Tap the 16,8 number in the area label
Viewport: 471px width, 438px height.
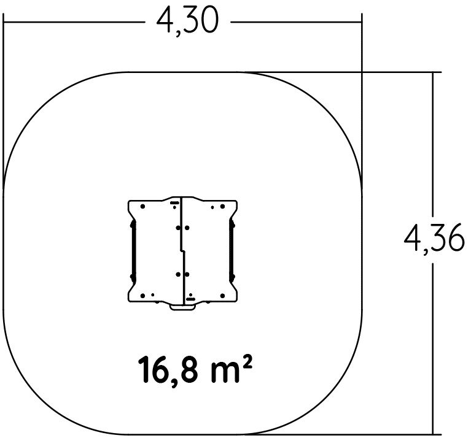pyautogui.click(x=168, y=370)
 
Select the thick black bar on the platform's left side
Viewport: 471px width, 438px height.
pyautogui.click(x=133, y=251)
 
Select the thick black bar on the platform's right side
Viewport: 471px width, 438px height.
pyautogui.click(x=232, y=251)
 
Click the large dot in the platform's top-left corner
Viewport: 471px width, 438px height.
pyautogui.click(x=142, y=206)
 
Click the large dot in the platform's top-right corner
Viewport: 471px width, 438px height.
pyautogui.click(x=222, y=206)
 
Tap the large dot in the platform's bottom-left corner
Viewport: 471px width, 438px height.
pyautogui.click(x=142, y=296)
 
